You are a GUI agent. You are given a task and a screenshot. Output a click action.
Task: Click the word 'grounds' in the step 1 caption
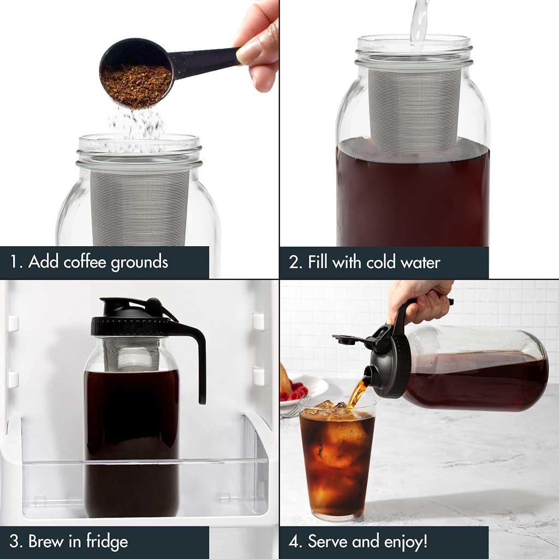coord(139,263)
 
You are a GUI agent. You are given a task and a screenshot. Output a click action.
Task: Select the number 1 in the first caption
coord(14,261)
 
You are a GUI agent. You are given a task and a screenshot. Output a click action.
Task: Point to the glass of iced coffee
coord(337,460)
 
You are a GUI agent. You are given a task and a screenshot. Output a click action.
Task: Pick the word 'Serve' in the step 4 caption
coord(328,541)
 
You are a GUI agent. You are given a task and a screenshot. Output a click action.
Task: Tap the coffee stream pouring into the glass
coord(357,394)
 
